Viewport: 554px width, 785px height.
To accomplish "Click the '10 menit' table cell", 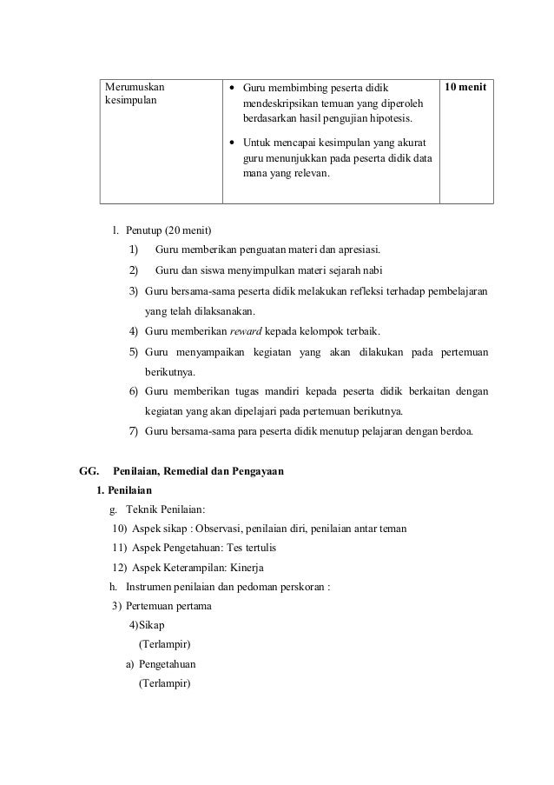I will coord(465,88).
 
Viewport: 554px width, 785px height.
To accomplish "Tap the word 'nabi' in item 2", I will coord(373,269).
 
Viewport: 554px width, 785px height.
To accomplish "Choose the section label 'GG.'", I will coord(90,472).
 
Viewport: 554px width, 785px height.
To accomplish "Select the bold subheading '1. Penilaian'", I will coord(125,491).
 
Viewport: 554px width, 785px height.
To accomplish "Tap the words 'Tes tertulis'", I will coord(251,549).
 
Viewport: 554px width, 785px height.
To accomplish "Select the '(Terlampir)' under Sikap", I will coord(165,644).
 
